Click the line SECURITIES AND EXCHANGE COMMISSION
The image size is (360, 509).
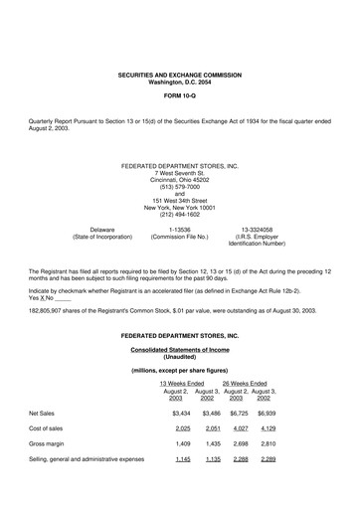point(179,76)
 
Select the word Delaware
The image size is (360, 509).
point(95,229)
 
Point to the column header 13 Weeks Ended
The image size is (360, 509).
point(182,383)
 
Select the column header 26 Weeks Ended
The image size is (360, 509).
point(245,383)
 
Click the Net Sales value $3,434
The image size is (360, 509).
point(181,412)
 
